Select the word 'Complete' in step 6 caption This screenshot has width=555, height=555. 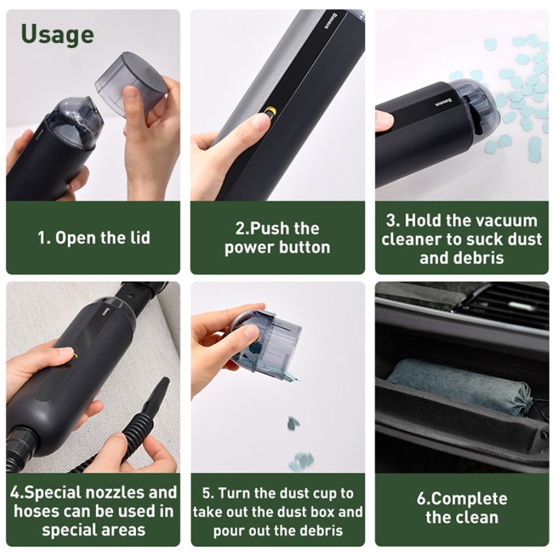(469, 498)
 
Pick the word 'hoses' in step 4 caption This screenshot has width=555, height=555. (35, 511)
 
